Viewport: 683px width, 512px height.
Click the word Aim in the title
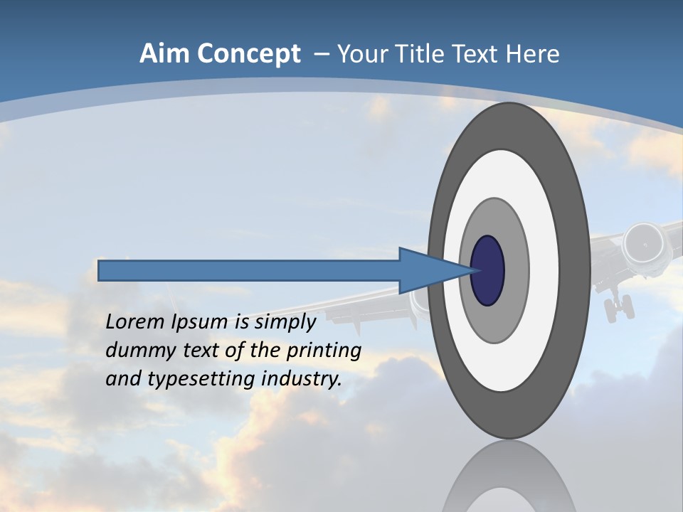(164, 54)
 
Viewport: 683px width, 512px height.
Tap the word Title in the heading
(425, 54)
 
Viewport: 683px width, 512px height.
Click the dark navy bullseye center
(488, 271)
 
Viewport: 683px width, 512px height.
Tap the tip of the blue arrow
(472, 271)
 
